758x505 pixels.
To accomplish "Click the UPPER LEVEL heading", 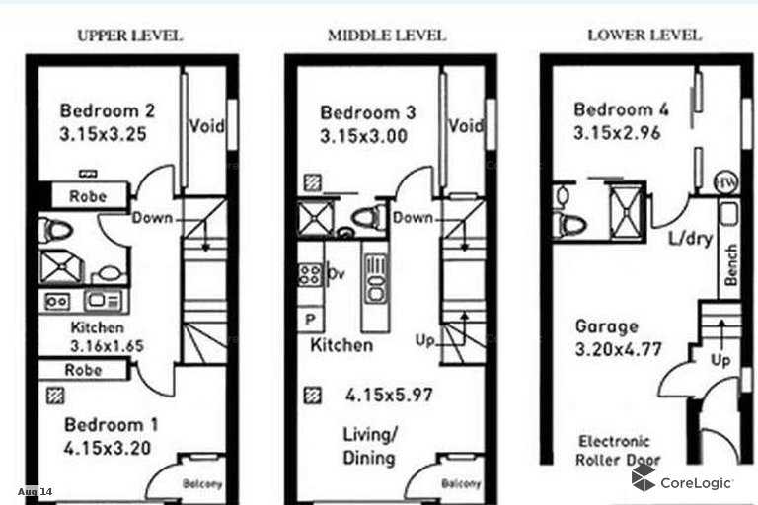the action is (129, 36).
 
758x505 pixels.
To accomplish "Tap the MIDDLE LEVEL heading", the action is (387, 36).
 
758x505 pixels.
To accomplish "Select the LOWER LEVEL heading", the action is (644, 36).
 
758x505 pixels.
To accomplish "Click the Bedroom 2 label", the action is (108, 110).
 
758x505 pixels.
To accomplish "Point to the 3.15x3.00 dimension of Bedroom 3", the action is (363, 136).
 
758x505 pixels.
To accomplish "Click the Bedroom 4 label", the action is (621, 109).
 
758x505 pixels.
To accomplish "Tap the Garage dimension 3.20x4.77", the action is (618, 349).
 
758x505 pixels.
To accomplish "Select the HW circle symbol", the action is (726, 182).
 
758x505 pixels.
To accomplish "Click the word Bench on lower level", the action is (731, 264).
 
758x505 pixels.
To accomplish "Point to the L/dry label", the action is (690, 239).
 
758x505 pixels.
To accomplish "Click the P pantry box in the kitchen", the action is (310, 319).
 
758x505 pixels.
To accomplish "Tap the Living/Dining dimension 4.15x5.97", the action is (389, 396).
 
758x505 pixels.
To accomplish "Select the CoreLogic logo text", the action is (696, 482).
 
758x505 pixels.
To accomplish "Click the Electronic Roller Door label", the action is (618, 451).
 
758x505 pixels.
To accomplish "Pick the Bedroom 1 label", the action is (112, 425).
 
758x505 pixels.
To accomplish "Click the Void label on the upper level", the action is (206, 126).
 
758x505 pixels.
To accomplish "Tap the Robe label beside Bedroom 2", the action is (88, 196).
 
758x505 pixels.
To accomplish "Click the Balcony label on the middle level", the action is (461, 483).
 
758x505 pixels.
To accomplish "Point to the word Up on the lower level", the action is (720, 361).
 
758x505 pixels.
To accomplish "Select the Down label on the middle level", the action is (413, 218).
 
